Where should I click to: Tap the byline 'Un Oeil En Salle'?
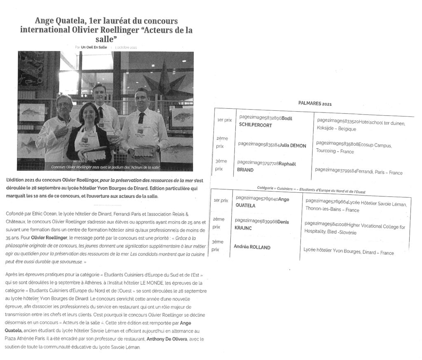pyautogui.click(x=94, y=47)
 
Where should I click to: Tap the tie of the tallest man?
pyautogui.click(x=101, y=112)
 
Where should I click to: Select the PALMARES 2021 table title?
pyautogui.click(x=314, y=104)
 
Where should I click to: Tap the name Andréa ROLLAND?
pyautogui.click(x=252, y=247)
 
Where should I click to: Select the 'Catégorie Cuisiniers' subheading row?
pyautogui.click(x=311, y=189)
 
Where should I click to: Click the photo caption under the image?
pyautogui.click(x=105, y=167)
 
